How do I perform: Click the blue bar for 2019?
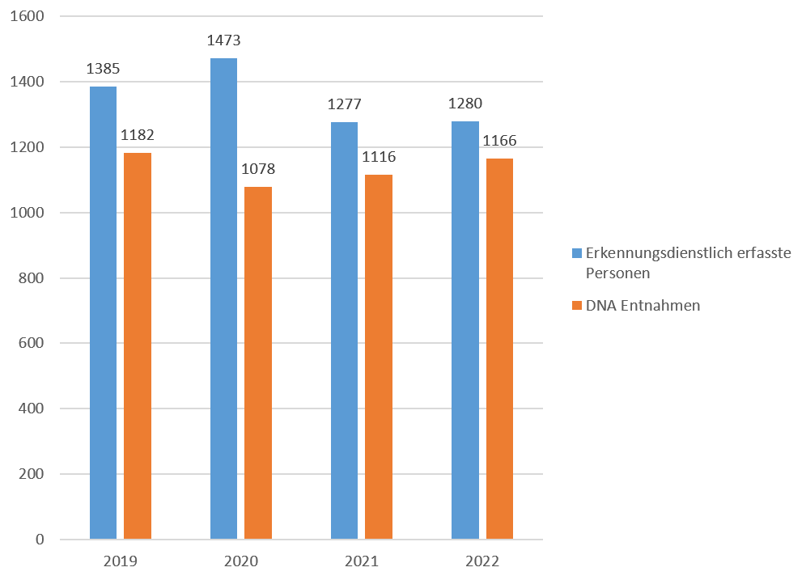click(x=103, y=312)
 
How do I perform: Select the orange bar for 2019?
click(x=137, y=345)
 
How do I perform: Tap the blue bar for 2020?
click(x=223, y=298)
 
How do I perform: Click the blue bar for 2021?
click(x=344, y=330)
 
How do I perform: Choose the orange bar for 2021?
click(x=379, y=356)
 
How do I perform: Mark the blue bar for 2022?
click(x=465, y=329)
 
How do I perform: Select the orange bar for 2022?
click(x=499, y=348)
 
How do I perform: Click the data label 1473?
click(x=224, y=40)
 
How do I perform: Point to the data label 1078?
click(x=258, y=169)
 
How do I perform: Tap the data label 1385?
click(x=103, y=69)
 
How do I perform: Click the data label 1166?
click(x=499, y=141)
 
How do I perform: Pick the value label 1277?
click(x=344, y=104)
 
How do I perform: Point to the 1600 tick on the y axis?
click(x=29, y=16)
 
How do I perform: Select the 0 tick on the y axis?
click(x=40, y=540)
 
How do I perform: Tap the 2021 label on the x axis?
click(x=361, y=561)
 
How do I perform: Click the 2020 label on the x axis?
click(x=241, y=561)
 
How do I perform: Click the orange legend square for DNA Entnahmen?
click(x=576, y=306)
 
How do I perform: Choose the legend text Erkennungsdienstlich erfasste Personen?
click(x=687, y=263)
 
